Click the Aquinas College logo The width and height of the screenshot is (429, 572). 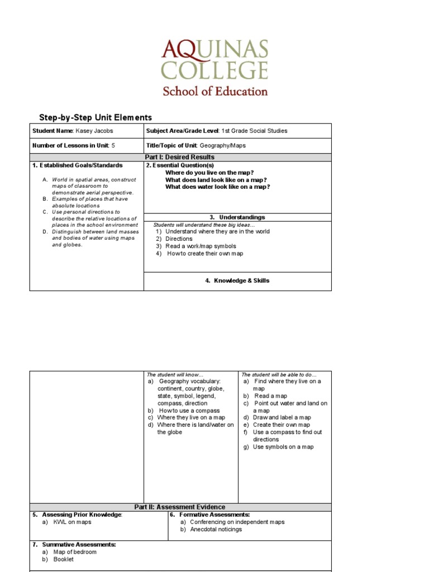click(215, 68)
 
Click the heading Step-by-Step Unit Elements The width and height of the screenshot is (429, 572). click(95, 117)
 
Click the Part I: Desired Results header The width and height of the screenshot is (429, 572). click(180, 157)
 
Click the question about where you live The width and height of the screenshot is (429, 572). click(209, 173)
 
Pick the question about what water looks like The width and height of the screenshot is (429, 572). click(217, 187)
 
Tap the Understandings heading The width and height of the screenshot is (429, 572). click(237, 217)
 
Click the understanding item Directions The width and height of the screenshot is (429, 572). click(178, 239)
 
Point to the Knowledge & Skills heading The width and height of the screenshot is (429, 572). click(237, 280)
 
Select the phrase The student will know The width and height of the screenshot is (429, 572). click(175, 374)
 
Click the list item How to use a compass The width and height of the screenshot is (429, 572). click(189, 411)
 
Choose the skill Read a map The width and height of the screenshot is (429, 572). click(270, 396)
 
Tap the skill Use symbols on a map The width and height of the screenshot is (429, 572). click(283, 447)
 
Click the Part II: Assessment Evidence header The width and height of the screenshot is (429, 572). click(180, 507)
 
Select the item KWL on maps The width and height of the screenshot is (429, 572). click(72, 522)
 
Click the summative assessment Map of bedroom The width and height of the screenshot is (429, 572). click(74, 552)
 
